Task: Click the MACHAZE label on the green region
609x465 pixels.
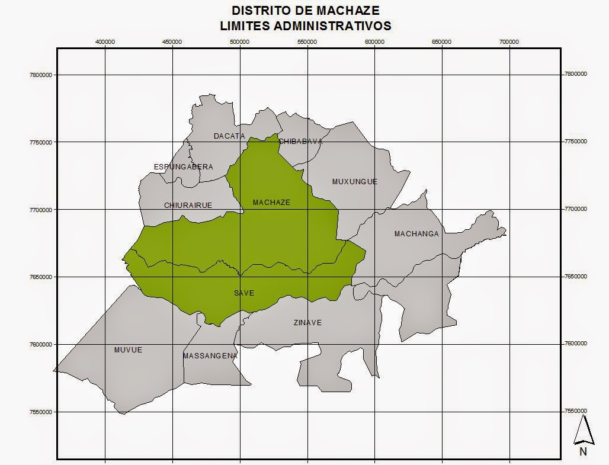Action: click(271, 203)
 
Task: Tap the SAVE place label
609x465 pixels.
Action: click(243, 293)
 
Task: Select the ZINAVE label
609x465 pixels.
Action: click(307, 323)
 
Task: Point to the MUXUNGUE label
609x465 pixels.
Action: click(354, 182)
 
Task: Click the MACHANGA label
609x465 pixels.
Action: click(416, 234)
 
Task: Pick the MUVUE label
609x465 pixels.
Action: click(128, 350)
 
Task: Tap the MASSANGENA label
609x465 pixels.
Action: click(210, 356)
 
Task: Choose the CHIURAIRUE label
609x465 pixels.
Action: click(187, 206)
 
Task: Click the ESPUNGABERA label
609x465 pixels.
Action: click(183, 167)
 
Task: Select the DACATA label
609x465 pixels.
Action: click(229, 136)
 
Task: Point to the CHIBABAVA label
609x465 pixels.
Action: click(300, 142)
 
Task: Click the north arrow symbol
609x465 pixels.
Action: click(584, 429)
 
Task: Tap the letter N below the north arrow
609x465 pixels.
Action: click(584, 451)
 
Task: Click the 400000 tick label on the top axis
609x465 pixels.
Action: click(105, 42)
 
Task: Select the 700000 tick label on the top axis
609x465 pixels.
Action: click(509, 42)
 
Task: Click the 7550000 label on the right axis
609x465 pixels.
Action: click(575, 411)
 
